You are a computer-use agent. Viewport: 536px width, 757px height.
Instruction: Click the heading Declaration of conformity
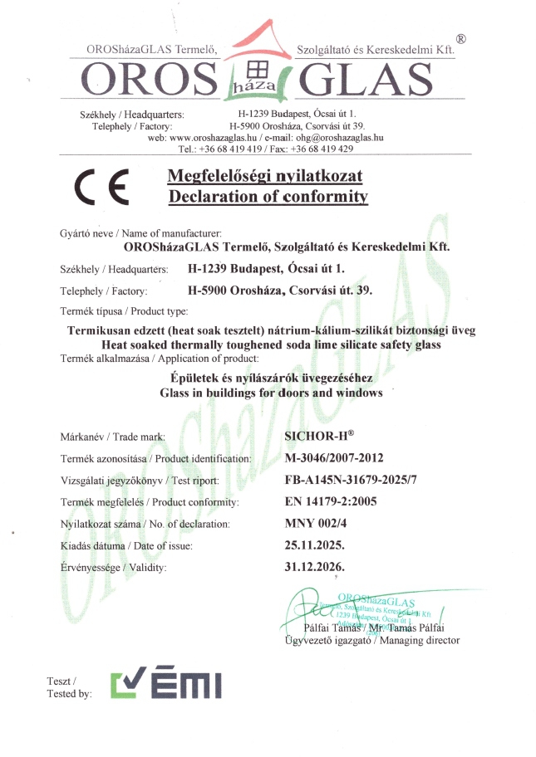click(268, 197)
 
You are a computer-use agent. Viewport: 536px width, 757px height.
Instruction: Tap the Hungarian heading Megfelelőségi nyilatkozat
click(265, 176)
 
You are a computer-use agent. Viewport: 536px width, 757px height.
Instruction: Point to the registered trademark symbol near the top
click(461, 38)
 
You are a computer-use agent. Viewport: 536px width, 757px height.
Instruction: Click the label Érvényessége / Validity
click(114, 568)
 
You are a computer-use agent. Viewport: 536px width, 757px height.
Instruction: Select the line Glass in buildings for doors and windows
click(271, 393)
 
